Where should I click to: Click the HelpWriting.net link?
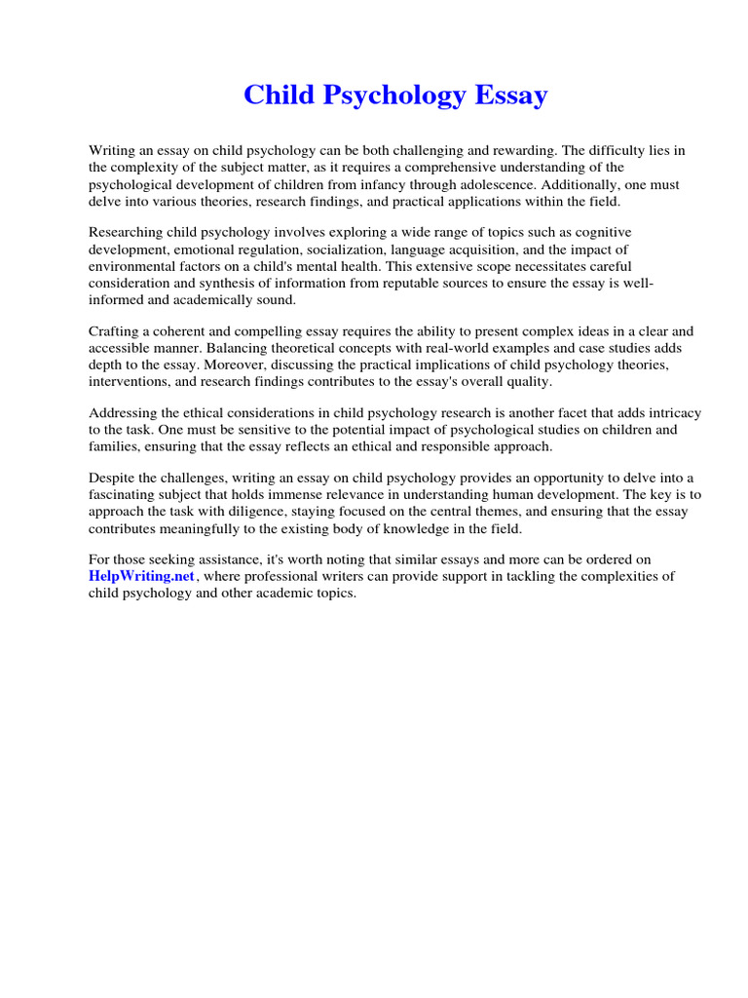[142, 577]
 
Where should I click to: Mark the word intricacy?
[672, 412]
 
